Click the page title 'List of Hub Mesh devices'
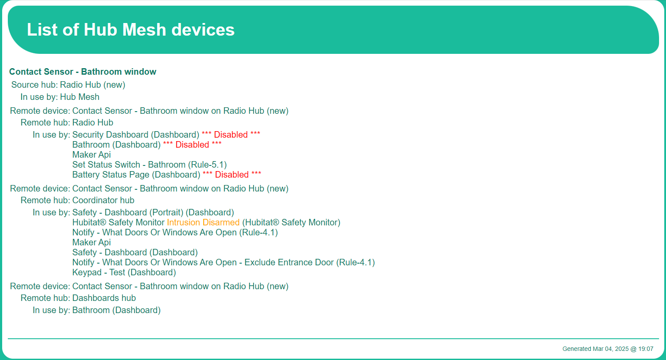[x=131, y=30]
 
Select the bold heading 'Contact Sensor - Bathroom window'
[x=82, y=72]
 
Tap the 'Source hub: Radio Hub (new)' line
[x=68, y=85]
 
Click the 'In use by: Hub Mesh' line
[x=60, y=97]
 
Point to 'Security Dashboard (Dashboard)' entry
[x=135, y=135]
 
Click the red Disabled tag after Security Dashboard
[x=231, y=135]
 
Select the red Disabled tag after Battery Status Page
[x=232, y=175]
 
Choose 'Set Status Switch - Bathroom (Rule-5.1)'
[x=149, y=165]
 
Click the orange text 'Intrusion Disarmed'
[x=203, y=222]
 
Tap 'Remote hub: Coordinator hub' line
[x=77, y=200]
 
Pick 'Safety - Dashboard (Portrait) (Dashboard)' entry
[x=153, y=212]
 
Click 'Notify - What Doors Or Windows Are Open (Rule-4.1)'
[x=175, y=232]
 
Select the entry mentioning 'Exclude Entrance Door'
[x=224, y=262]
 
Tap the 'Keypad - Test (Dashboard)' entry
[x=124, y=272]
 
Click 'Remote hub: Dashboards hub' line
[x=78, y=298]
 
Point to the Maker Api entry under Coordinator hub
[x=92, y=242]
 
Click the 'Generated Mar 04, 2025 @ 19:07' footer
[x=608, y=349]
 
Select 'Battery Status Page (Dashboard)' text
[x=136, y=175]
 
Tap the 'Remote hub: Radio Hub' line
[x=67, y=122]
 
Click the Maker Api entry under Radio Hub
[x=92, y=155]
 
